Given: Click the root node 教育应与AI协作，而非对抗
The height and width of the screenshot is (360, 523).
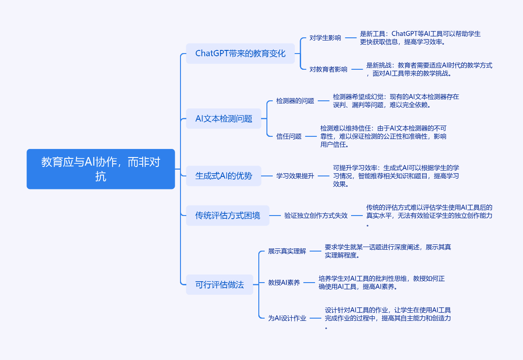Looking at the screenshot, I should click(100, 169).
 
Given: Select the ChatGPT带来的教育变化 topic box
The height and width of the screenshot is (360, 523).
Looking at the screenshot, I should click(240, 54).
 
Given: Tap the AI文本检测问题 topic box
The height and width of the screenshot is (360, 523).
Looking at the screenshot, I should click(224, 119).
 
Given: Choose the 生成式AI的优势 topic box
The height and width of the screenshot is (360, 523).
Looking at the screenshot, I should click(224, 176).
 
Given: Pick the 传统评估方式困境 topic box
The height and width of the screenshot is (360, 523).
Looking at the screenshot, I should click(228, 216).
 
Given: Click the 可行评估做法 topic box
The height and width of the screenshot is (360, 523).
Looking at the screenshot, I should click(220, 285).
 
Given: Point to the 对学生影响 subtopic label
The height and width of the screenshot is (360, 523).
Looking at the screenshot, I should click(325, 38).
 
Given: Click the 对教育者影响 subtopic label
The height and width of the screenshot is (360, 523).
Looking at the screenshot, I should click(329, 69).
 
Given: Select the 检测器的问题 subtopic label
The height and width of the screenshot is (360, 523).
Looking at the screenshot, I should click(295, 101).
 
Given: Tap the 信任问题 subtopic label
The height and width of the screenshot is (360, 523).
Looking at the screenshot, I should click(289, 136).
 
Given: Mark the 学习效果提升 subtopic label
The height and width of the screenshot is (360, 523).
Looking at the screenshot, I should click(295, 176).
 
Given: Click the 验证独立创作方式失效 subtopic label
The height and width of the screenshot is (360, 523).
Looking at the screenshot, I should click(316, 216).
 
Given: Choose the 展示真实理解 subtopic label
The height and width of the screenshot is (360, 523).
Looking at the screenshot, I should click(287, 251).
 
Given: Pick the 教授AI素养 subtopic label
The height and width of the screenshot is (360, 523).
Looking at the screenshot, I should click(284, 283).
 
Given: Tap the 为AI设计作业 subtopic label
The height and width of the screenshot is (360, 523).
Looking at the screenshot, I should click(287, 318).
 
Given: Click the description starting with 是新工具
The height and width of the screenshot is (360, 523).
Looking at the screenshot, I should click(420, 38).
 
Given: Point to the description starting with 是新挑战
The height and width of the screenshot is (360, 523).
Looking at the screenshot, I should click(429, 69).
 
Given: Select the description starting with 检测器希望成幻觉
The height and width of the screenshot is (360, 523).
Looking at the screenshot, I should click(396, 101).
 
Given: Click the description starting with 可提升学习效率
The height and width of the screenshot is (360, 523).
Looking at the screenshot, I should click(396, 176).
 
